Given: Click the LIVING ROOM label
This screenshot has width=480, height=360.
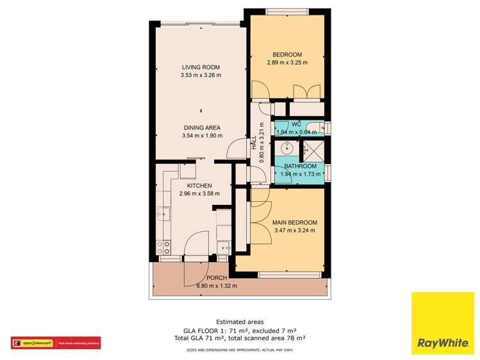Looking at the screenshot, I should click(x=201, y=67).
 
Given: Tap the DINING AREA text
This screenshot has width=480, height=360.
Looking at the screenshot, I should click(x=202, y=127).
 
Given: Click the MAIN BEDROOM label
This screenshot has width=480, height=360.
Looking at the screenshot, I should click(x=295, y=222).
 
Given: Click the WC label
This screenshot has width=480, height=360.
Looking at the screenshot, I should click(x=296, y=124).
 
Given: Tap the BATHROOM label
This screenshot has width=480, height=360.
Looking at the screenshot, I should click(x=301, y=167).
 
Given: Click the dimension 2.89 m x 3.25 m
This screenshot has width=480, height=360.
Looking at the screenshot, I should click(x=287, y=63).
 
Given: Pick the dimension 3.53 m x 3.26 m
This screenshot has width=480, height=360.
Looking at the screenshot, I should click(x=201, y=75).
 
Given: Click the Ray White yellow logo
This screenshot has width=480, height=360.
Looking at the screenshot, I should click(x=442, y=323).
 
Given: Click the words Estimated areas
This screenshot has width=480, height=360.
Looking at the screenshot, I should click(x=240, y=322).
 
